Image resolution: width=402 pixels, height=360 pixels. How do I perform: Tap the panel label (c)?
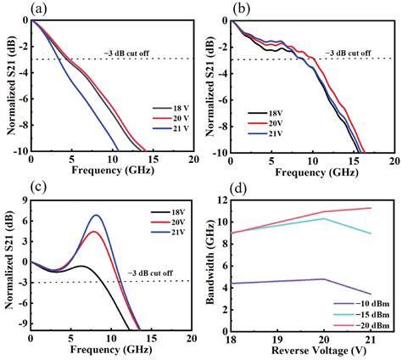click(x=14, y=188)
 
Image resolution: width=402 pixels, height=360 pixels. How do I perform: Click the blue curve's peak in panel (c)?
click(x=96, y=216)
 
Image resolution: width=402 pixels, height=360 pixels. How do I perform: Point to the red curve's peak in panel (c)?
click(x=93, y=232)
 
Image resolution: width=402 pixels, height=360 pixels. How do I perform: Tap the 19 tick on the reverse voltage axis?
click(x=287, y=338)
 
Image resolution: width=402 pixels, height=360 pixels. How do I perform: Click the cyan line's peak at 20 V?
click(x=325, y=218)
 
